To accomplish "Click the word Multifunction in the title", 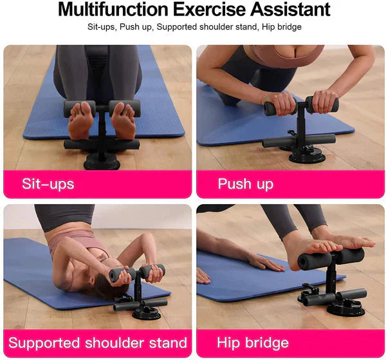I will (x=111, y=10).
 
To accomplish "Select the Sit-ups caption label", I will (x=48, y=184).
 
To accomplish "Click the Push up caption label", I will (x=245, y=184).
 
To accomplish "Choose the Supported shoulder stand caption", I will (x=97, y=343).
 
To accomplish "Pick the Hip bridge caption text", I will (x=252, y=343).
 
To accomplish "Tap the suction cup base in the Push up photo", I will (x=306, y=155).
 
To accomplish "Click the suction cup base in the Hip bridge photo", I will (x=344, y=308).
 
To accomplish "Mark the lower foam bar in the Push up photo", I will (x=299, y=139).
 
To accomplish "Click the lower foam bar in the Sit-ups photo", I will (x=102, y=144).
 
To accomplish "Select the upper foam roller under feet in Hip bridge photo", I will (x=331, y=259).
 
